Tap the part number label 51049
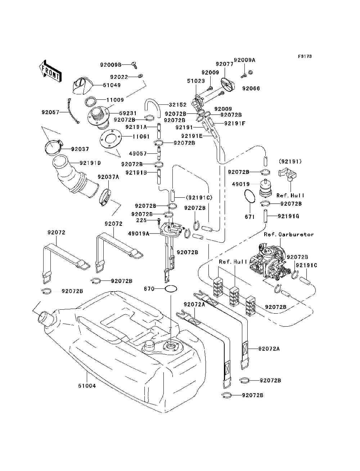[x=112, y=85]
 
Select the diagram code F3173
[x=305, y=57]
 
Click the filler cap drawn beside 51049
[x=82, y=86]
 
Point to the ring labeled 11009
[x=91, y=102]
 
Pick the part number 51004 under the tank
[x=87, y=386]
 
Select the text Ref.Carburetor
[x=289, y=234]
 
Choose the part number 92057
[x=50, y=112]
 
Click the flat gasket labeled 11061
[x=110, y=139]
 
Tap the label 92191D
[x=90, y=163]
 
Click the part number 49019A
[x=139, y=233]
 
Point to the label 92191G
[x=288, y=216]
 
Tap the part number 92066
[x=251, y=89]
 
